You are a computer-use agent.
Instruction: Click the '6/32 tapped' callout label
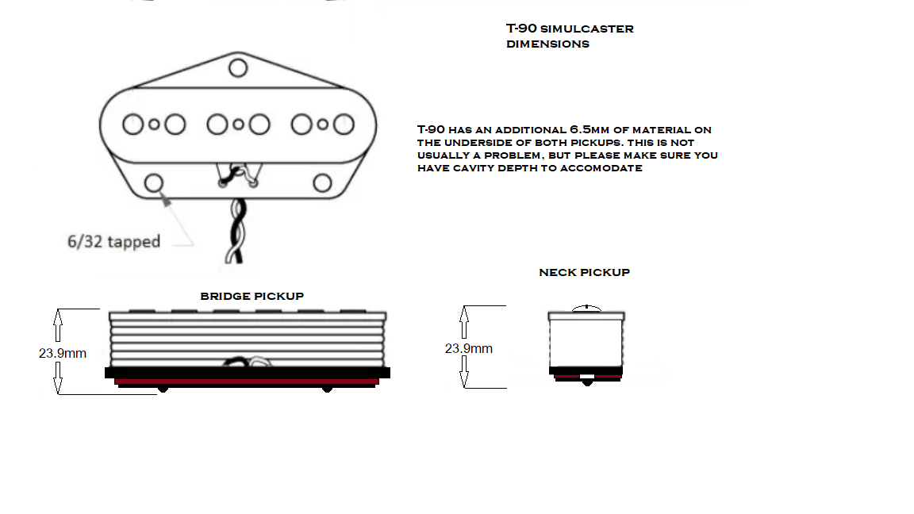(113, 242)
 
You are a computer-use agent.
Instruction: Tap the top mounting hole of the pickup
(238, 67)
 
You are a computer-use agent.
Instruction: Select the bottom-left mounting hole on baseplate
(153, 183)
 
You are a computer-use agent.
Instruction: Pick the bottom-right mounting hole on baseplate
(322, 183)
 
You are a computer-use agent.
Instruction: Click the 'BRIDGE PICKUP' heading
(252, 296)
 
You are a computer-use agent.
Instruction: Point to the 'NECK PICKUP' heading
(584, 272)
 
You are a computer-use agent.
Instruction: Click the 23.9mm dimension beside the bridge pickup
(63, 353)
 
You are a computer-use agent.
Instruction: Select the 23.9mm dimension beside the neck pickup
(468, 348)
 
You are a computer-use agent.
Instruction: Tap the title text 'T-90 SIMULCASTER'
(570, 29)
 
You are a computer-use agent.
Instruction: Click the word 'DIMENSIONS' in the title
(547, 44)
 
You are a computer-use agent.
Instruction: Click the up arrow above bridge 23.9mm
(58, 324)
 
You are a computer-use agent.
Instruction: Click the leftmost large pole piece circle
(132, 125)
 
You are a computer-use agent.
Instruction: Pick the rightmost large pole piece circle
(343, 125)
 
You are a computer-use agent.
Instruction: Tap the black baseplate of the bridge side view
(247, 372)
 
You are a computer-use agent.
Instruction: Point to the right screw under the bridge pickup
(326, 389)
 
